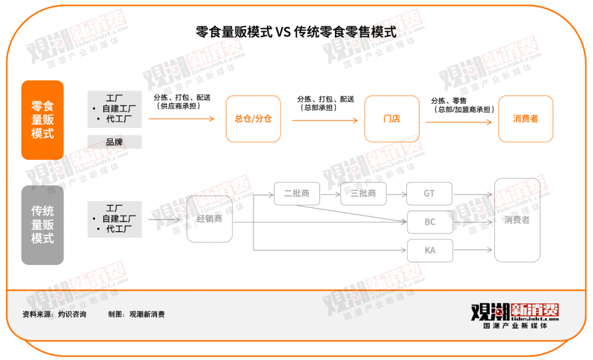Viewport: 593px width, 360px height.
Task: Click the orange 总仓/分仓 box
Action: [253, 119]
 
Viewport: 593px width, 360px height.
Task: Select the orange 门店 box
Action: [391, 119]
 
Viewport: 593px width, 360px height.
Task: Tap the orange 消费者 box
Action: [525, 119]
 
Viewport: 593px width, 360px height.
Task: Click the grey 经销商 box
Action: [209, 219]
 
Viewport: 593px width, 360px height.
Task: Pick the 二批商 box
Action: [296, 194]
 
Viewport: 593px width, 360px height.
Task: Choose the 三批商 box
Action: [363, 194]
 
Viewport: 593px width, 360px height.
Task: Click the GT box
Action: [429, 194]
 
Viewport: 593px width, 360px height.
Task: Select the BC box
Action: [430, 222]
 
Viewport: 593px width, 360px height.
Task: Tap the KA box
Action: [430, 250]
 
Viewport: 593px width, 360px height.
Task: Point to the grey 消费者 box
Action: [517, 220]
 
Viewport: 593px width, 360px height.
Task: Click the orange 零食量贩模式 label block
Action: [43, 120]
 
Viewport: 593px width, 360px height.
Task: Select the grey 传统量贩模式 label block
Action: [43, 225]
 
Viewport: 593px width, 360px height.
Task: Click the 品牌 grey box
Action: [115, 142]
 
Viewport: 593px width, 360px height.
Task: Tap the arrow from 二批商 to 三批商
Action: [330, 194]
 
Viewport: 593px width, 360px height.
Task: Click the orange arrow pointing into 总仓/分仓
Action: [181, 119]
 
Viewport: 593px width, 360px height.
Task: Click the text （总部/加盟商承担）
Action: [464, 110]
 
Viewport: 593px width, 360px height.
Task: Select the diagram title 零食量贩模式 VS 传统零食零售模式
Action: [296, 32]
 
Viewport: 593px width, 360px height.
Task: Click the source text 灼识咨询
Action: [72, 314]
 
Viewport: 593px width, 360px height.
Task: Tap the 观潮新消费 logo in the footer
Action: [514, 315]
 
